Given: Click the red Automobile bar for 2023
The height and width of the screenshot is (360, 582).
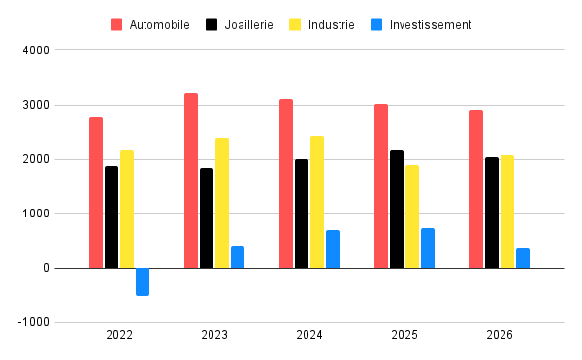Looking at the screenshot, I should (191, 180).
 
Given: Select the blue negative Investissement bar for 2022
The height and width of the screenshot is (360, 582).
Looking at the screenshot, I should (143, 281).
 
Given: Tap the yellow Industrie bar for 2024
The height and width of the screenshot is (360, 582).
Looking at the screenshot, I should (317, 202).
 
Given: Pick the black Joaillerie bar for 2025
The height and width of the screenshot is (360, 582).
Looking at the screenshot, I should (397, 209).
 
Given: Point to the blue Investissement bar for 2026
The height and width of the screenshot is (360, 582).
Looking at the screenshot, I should (523, 258).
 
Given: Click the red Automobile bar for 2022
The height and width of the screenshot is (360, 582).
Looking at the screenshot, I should (96, 192).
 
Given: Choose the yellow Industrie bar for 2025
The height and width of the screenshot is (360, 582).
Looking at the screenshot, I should (412, 216).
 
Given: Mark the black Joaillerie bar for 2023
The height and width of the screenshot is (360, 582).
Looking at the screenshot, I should (207, 217).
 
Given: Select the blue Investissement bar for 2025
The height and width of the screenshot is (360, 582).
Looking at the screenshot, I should (428, 247).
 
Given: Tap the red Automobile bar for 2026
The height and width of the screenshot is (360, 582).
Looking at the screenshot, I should (476, 188).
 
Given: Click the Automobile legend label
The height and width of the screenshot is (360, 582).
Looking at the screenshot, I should (159, 24).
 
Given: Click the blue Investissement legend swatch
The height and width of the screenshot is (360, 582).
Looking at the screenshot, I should (376, 24).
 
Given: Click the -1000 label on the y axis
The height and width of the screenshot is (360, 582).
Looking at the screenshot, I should (33, 323).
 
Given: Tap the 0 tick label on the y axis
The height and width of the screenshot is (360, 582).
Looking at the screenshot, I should (44, 269).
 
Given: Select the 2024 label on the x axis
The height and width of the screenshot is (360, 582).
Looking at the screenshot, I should (309, 335).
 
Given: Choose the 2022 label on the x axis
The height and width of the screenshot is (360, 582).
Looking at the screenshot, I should (119, 335).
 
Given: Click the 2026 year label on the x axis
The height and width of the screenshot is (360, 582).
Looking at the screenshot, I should (500, 335).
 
